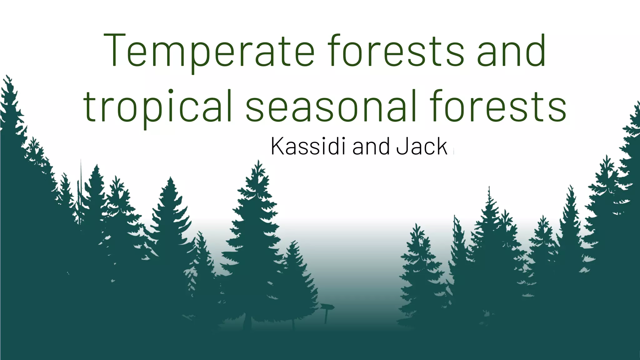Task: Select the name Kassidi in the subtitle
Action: (308, 146)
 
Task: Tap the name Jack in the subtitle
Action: (422, 146)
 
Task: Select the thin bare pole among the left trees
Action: (81, 187)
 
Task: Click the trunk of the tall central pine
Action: (247, 322)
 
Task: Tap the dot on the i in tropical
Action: (171, 92)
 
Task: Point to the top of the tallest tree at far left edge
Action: (7, 76)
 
